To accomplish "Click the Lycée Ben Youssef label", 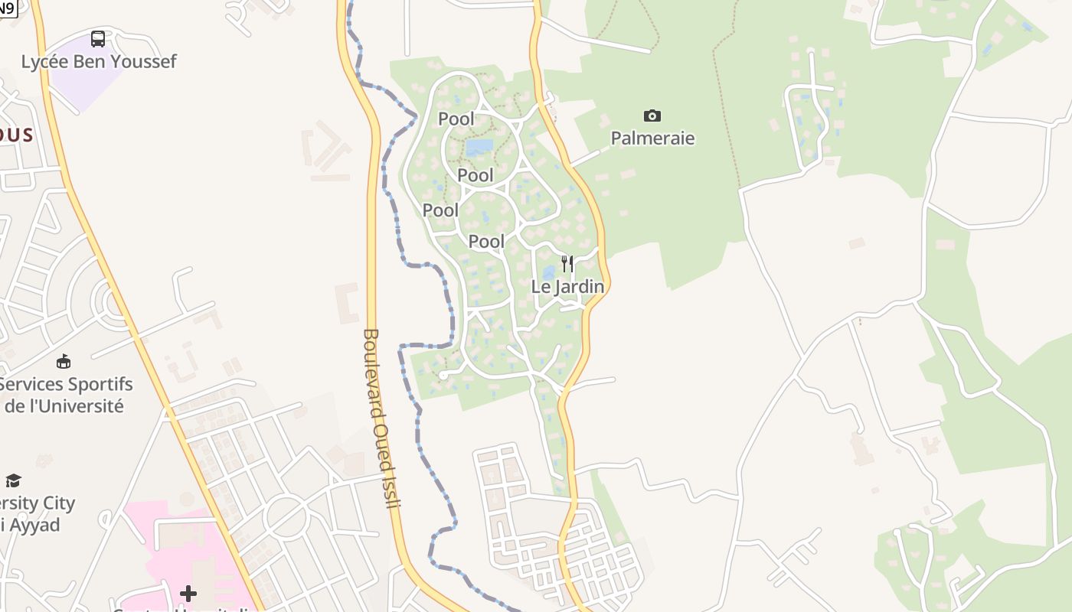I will tap(99, 62).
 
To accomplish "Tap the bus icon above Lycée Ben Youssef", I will tap(98, 39).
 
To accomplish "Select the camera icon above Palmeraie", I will tap(652, 116).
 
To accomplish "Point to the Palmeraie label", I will tap(652, 138).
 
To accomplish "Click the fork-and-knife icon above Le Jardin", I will tap(567, 264).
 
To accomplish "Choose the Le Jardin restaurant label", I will tap(567, 287).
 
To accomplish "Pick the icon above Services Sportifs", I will tap(64, 361).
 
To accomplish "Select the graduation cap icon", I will tap(13, 480).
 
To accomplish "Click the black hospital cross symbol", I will tap(188, 594).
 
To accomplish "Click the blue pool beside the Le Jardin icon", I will tap(549, 273).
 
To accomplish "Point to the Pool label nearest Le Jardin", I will tap(486, 242).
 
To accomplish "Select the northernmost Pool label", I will tap(456, 119).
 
